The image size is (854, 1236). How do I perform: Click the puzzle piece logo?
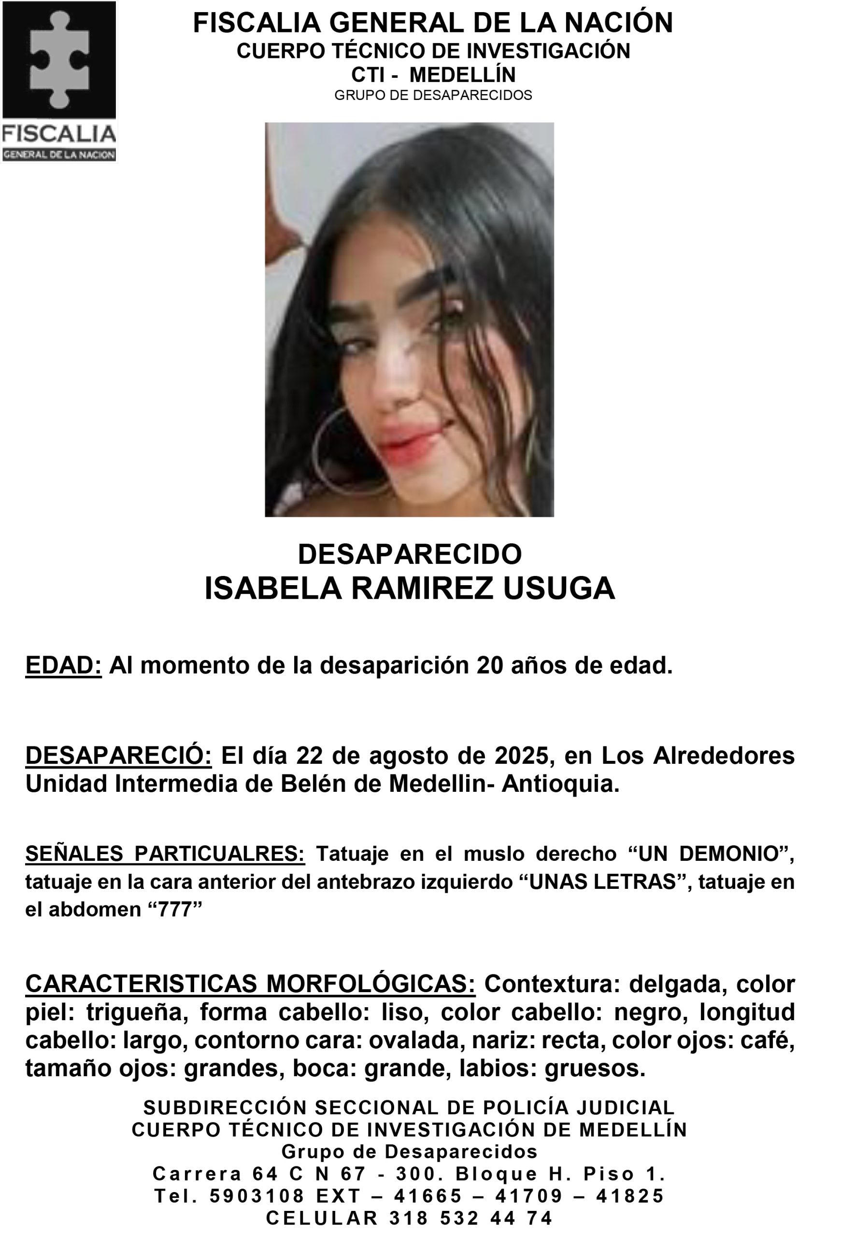coord(59,60)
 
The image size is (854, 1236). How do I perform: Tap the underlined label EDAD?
coord(63,665)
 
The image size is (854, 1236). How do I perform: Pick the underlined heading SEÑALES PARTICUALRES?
coord(165,854)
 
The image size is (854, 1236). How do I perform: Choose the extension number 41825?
coord(630,1196)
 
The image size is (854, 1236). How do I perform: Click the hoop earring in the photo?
coord(342,449)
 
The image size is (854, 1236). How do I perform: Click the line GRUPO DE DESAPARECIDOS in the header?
coord(433,95)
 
